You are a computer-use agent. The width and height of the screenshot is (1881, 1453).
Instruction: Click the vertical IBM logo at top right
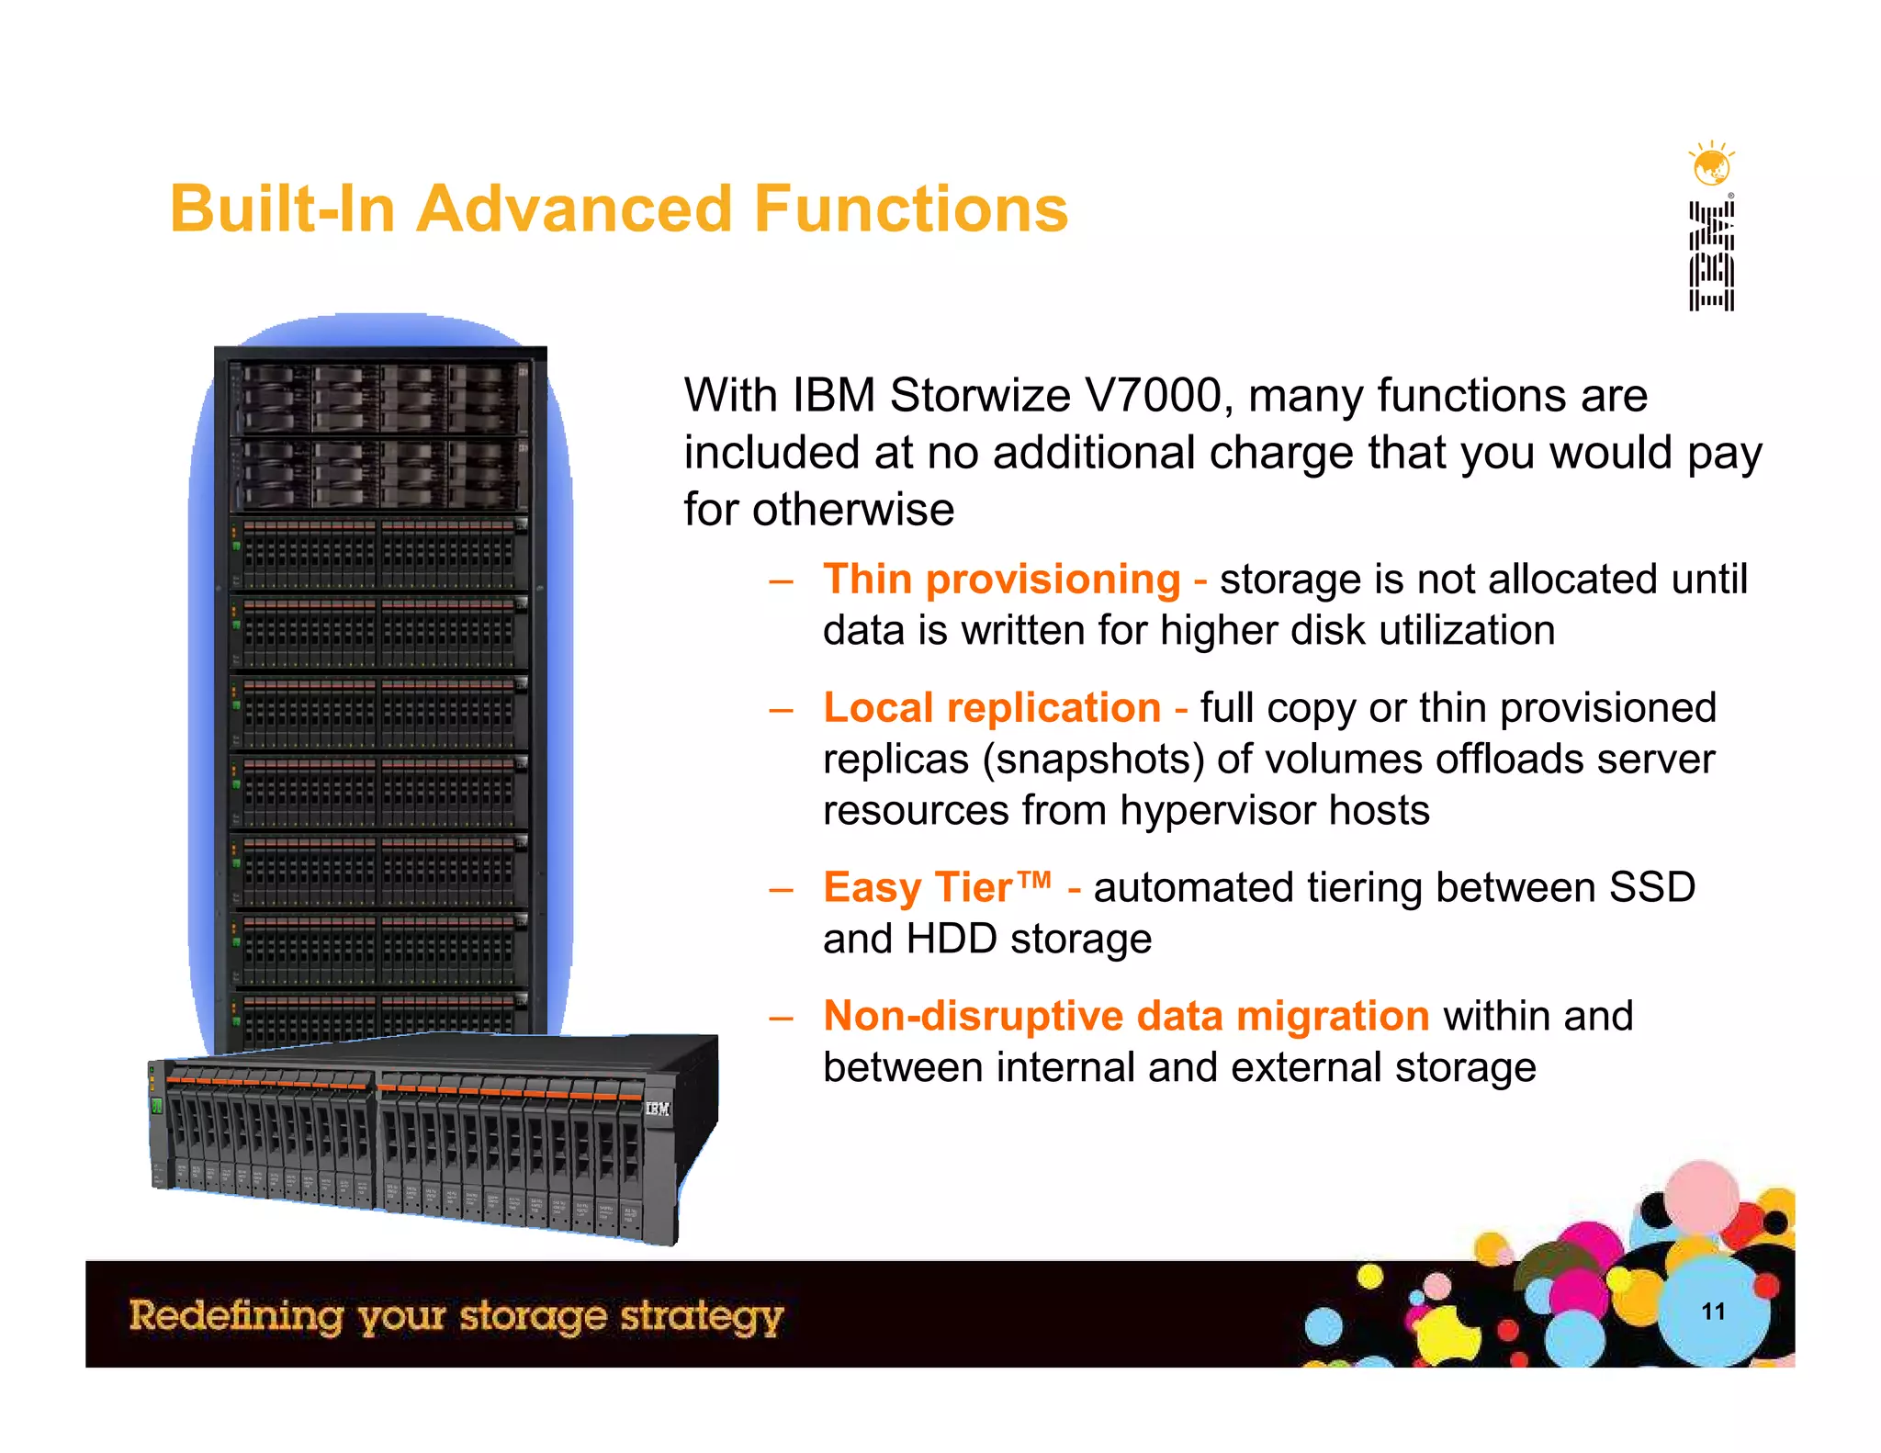pos(1711,256)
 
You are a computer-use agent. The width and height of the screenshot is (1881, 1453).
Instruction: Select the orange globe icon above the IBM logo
pos(1711,166)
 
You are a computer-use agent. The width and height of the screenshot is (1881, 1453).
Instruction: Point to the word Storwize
pos(979,396)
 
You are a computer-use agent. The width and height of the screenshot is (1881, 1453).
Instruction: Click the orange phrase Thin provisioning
pos(1001,580)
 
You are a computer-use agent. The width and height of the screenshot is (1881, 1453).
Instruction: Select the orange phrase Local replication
pos(992,708)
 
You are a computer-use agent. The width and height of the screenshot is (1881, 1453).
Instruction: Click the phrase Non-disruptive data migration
pos(1126,1017)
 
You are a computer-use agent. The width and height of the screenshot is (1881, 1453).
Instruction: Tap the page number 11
pos(1713,1312)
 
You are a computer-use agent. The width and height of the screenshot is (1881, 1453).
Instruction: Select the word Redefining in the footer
pos(236,1315)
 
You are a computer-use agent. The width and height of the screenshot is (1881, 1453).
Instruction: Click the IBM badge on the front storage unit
pos(658,1109)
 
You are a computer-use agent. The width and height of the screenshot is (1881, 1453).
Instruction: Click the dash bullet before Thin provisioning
pos(781,581)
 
